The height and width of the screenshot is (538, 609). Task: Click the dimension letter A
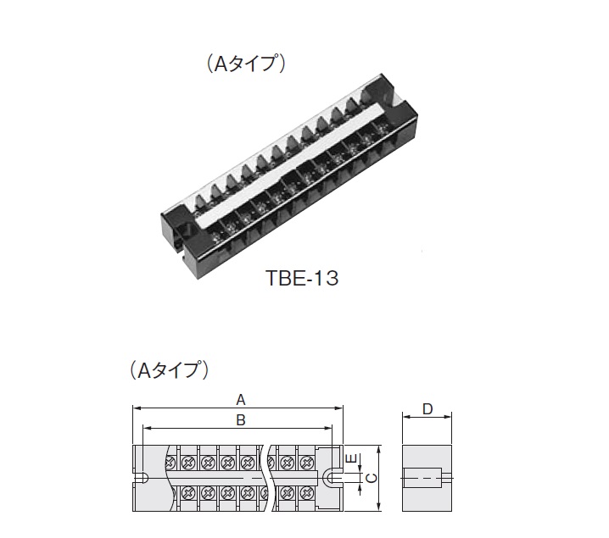point(241,400)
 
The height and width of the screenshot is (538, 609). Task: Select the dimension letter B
point(241,420)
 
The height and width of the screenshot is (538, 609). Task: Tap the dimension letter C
point(372,478)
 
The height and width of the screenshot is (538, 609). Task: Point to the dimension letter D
point(427,409)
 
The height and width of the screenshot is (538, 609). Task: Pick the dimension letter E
point(350,458)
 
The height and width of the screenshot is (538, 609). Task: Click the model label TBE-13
point(302,278)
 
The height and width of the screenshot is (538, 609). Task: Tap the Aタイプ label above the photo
point(246,63)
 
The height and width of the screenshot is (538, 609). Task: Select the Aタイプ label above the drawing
point(170,369)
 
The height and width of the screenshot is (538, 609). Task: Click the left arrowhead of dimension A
point(136,408)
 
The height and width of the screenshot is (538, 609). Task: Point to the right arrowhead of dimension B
point(329,428)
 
